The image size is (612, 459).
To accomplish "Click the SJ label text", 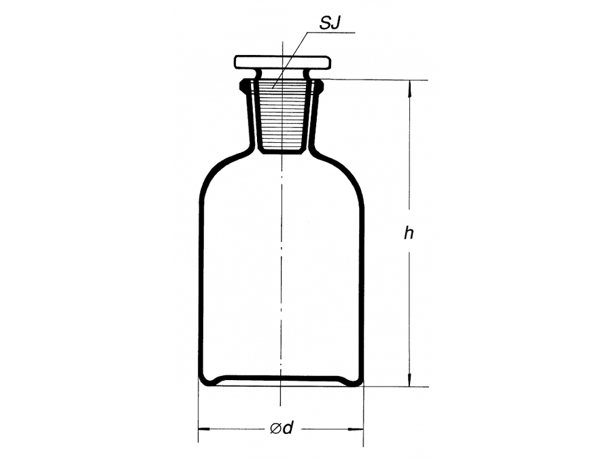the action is pos(330,23).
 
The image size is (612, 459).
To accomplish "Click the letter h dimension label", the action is pos(409,233).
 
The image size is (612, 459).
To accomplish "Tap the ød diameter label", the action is pos(282,428).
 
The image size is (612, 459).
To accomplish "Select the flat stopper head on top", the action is pos(283,62).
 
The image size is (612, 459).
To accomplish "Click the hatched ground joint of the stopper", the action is pos(281,117).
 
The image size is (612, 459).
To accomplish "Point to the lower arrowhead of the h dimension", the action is pos(409,378).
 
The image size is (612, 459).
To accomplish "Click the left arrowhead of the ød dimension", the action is pos(204,429).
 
